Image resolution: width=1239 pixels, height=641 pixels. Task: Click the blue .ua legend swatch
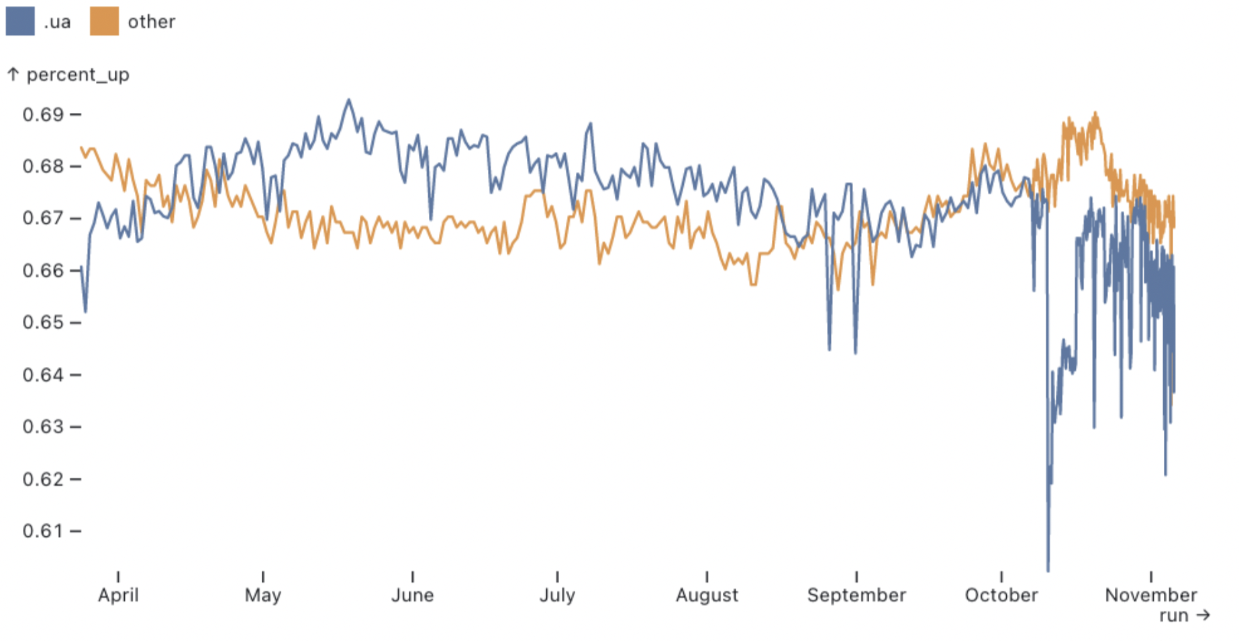(x=20, y=22)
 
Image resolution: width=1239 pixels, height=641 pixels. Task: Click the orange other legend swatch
(x=104, y=22)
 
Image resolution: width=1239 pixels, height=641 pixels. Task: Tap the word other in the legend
(x=151, y=22)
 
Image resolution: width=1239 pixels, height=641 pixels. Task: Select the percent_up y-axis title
(x=77, y=75)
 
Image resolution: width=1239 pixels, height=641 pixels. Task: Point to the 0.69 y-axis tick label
(x=43, y=115)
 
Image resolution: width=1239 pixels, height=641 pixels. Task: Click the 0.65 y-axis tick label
(x=43, y=323)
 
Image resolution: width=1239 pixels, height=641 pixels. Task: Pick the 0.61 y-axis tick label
(x=43, y=531)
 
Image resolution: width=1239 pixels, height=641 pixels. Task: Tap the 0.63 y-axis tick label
(x=43, y=427)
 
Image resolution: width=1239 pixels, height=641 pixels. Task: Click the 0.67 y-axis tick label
(x=43, y=218)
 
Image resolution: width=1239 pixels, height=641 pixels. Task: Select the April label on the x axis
(x=118, y=595)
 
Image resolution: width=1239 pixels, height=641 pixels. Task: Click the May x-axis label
(x=263, y=595)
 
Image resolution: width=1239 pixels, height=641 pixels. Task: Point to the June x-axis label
(x=412, y=595)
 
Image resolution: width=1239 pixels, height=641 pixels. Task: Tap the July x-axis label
(x=557, y=595)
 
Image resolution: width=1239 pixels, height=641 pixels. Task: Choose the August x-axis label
(x=707, y=595)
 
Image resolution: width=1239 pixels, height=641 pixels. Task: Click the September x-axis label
(x=856, y=595)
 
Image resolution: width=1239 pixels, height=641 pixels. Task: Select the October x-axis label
(x=1001, y=595)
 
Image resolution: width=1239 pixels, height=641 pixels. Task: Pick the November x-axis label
(x=1150, y=595)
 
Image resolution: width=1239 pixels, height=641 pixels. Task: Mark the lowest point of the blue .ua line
(x=1048, y=570)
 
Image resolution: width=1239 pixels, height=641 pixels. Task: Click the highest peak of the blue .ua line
(x=348, y=100)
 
